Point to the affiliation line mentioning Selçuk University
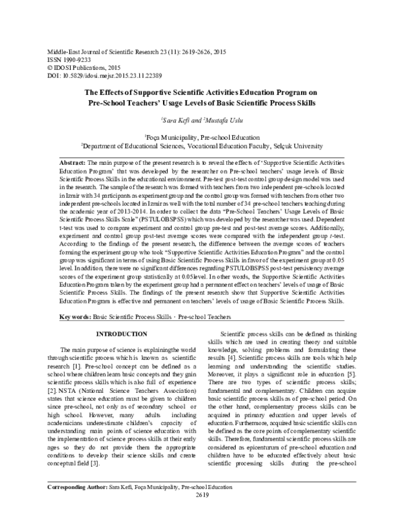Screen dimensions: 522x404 pos(202,145)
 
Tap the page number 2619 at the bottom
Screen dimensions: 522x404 pos(202,514)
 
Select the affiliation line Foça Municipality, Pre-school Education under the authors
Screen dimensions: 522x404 pos(202,135)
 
